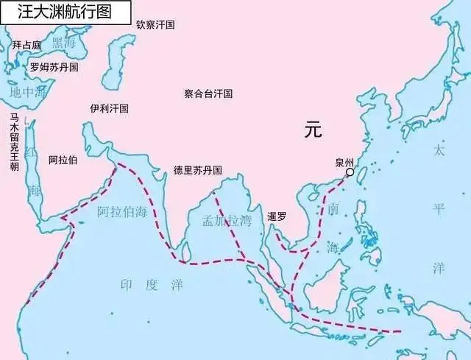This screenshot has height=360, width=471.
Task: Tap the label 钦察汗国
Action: pyautogui.click(x=155, y=24)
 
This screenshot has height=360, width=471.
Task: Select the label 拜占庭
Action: pyautogui.click(x=26, y=45)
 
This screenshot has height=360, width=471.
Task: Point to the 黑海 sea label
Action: pyautogui.click(x=64, y=42)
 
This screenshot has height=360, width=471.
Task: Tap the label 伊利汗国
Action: pyautogui.click(x=109, y=108)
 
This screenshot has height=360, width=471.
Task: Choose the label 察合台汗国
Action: pyautogui.click(x=208, y=93)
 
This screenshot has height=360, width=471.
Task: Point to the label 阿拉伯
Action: pyautogui.click(x=63, y=159)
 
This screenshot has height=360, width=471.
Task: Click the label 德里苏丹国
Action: pyautogui.click(x=197, y=170)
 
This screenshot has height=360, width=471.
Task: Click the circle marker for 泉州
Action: pyautogui.click(x=350, y=172)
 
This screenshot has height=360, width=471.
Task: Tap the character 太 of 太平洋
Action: pyautogui.click(x=439, y=150)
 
